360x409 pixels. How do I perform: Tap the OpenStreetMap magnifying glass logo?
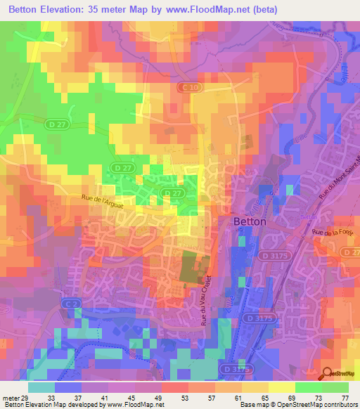coord(328,375)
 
